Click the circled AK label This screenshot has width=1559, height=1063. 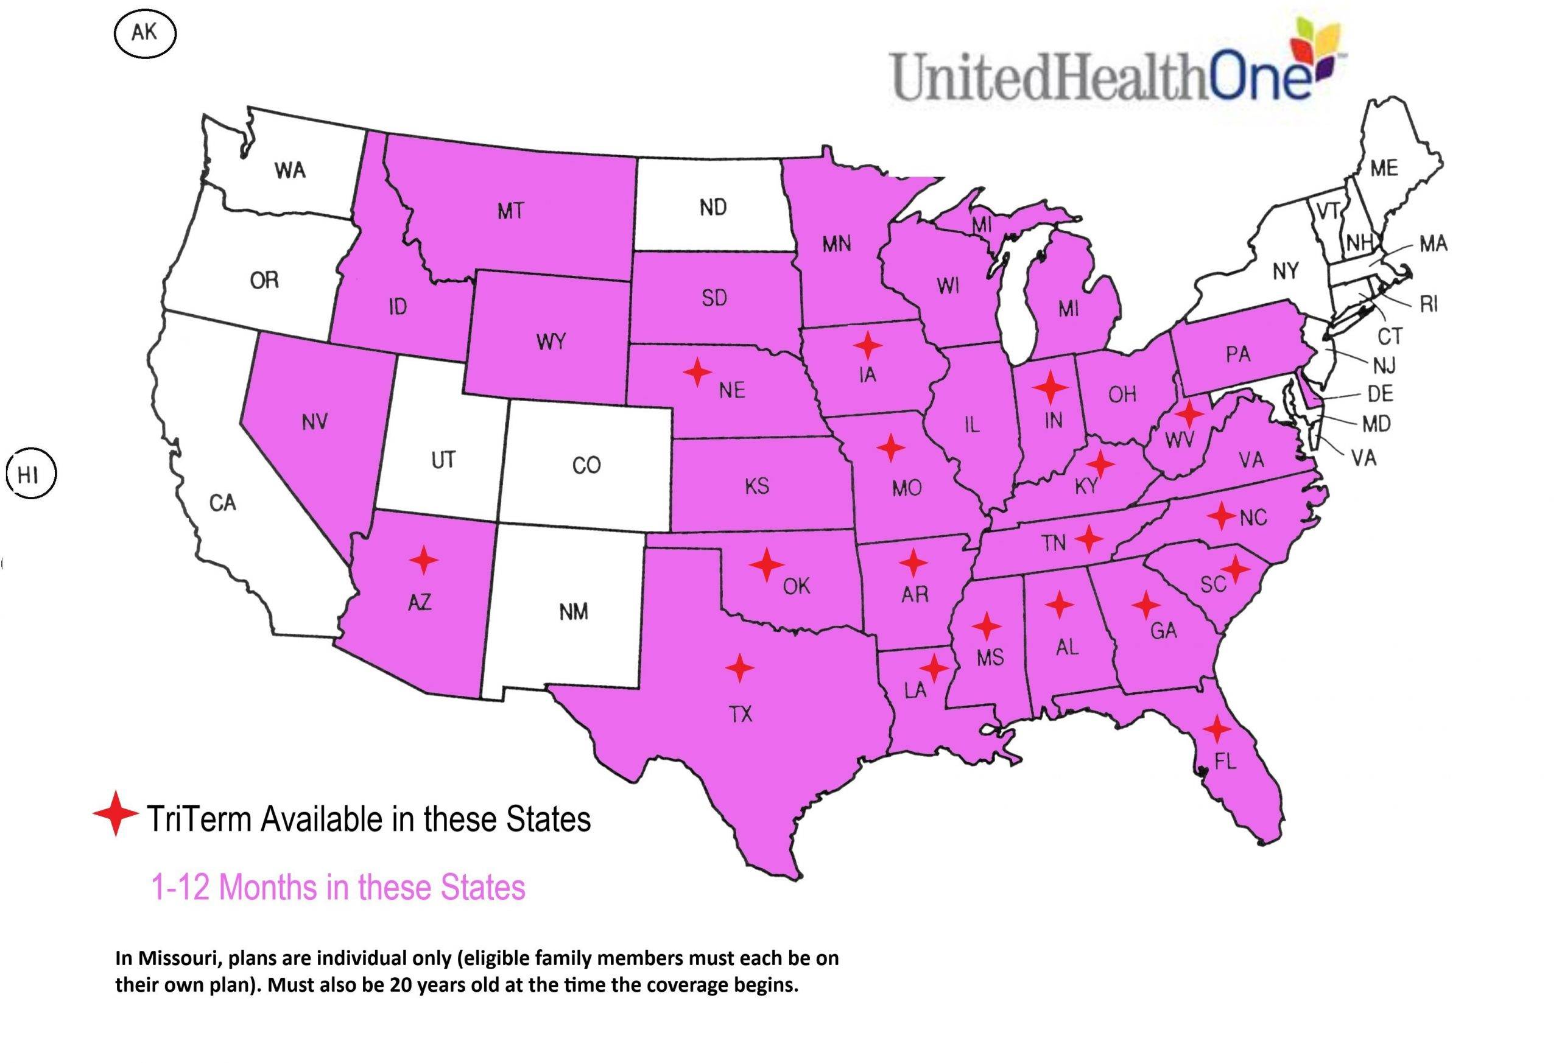[144, 33]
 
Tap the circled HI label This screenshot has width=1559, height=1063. [29, 475]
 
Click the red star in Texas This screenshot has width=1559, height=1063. [739, 668]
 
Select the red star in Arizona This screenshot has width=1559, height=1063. [423, 560]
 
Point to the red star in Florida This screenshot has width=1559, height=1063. [1216, 728]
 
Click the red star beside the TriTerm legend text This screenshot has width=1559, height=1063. [115, 813]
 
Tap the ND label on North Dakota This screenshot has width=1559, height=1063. [713, 208]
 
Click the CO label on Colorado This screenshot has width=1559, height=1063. [586, 465]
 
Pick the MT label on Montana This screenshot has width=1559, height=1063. [510, 212]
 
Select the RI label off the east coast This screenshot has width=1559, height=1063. [1428, 304]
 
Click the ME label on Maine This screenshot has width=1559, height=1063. [1384, 168]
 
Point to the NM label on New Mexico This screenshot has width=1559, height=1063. [574, 612]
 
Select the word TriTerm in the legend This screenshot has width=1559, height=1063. [199, 819]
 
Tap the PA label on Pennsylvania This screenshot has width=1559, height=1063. [1237, 354]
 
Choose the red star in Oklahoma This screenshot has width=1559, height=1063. [767, 565]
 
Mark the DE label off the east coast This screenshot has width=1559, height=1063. [1380, 394]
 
